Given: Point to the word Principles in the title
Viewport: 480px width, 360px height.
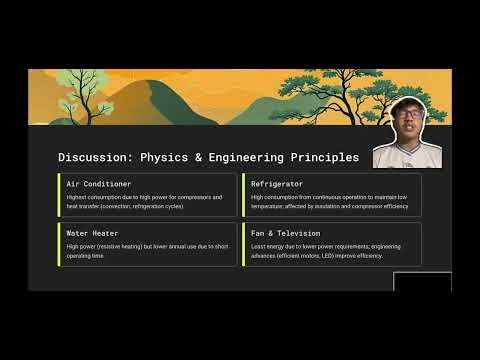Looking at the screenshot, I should pos(322,158).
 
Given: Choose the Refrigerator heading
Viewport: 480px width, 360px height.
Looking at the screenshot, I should pos(278,185).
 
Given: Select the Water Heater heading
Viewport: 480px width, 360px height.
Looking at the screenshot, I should pos(92,233).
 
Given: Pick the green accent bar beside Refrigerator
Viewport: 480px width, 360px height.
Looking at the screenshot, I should pos(243,195).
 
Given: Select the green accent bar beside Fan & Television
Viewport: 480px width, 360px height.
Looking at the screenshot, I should pos(243,243).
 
